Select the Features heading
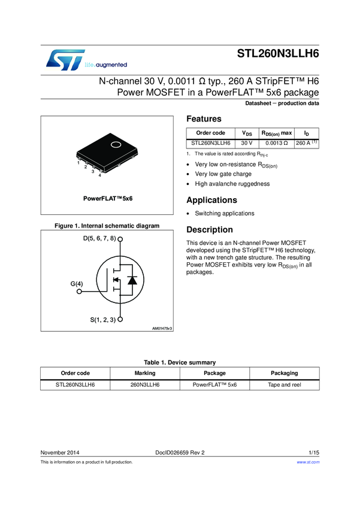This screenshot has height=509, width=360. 204,119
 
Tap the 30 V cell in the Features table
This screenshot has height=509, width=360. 246,144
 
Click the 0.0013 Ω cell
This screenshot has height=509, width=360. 277,144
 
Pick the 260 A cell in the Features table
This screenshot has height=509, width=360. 307,144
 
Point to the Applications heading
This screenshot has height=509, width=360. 212,200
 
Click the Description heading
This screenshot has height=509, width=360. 210,230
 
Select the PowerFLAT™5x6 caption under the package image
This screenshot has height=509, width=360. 107,197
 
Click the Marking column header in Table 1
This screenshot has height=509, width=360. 145,372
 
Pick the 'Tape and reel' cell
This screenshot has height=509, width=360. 284,384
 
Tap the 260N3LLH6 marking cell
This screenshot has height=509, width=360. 145,384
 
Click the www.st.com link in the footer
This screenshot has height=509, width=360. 308,462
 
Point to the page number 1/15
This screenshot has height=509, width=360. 314,452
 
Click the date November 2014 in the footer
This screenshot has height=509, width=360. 60,452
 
